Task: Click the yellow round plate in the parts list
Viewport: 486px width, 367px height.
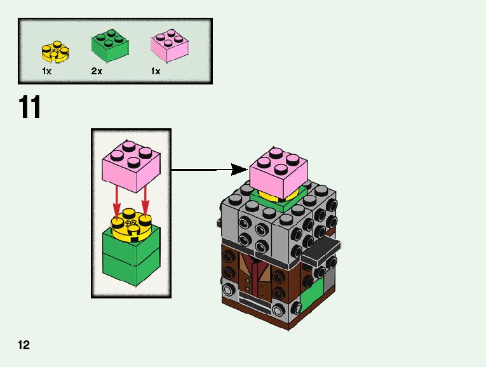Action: [55, 51]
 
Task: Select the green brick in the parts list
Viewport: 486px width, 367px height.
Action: [111, 46]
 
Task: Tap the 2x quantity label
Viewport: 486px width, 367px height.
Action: [97, 72]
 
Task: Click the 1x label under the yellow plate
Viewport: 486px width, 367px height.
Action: [46, 72]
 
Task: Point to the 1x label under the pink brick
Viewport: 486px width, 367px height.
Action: [156, 72]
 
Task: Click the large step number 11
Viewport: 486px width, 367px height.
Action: [30, 108]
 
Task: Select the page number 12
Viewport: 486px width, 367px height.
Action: [24, 345]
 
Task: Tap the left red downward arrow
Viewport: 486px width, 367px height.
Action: [117, 201]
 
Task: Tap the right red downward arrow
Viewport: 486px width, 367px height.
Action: [145, 201]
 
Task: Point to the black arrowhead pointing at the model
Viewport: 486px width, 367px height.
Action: [239, 170]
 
